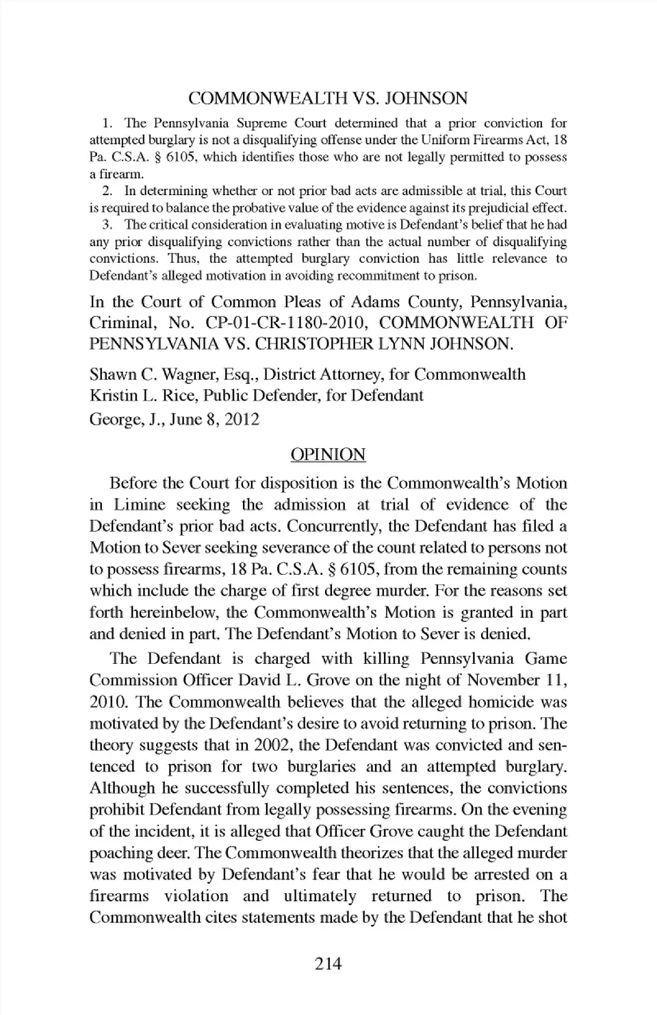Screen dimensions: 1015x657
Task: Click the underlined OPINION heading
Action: point(328,454)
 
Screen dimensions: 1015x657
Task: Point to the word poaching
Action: point(120,853)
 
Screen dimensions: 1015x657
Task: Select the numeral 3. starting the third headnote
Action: point(106,224)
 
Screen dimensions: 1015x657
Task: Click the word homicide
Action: point(500,702)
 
